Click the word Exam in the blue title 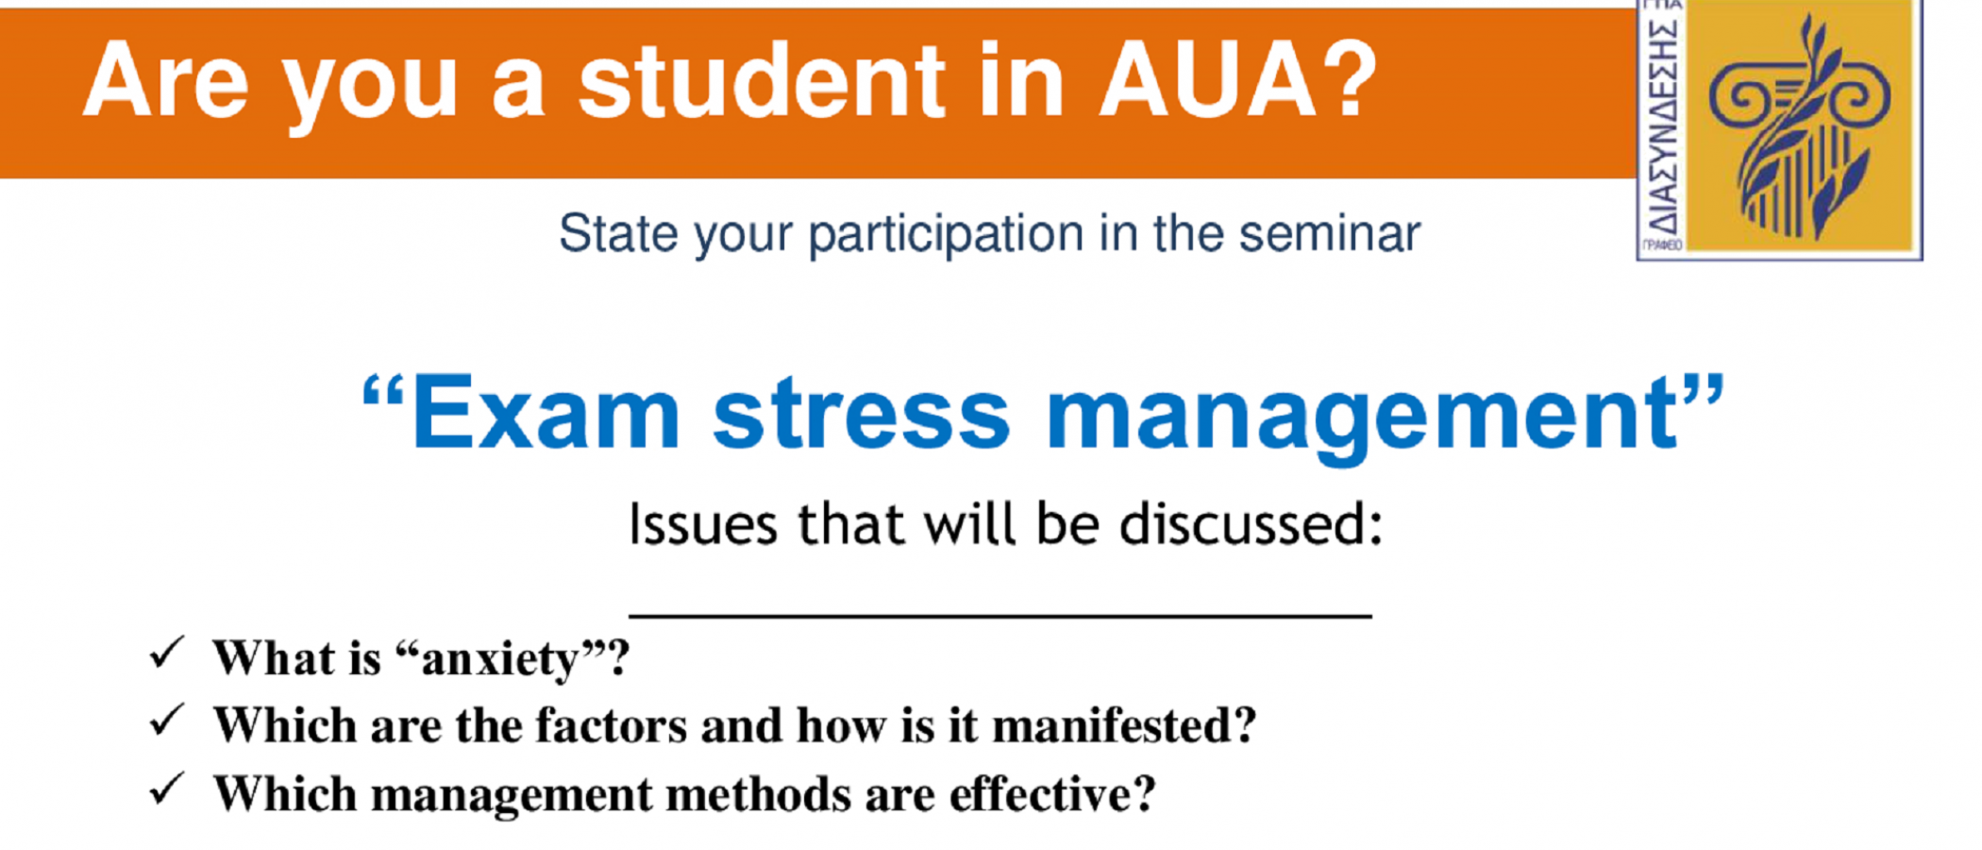[546, 414]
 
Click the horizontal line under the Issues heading [1000, 616]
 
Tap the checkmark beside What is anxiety [166, 653]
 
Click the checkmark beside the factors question [166, 721]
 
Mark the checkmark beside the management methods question [166, 789]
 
